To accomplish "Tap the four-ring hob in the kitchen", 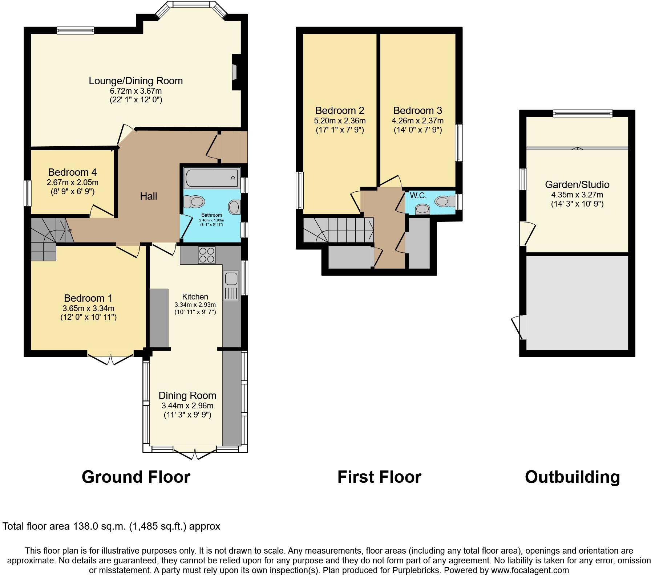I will pos(207,255).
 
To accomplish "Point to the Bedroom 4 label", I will pos(72,172).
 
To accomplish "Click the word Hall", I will pos(149,196).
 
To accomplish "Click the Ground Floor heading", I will pos(136,477).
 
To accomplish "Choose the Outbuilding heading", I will pos(572,477).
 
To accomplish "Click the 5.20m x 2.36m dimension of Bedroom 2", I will pos(340,121).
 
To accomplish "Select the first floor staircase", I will pos(338,230).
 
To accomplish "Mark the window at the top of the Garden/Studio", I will pos(583,114).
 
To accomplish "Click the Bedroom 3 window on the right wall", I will pos(459,143).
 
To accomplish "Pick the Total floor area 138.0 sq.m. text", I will pos(111,526).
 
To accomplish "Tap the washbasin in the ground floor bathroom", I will pos(234,207).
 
